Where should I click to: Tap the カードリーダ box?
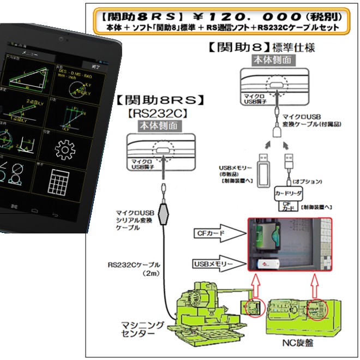click(288, 194)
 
